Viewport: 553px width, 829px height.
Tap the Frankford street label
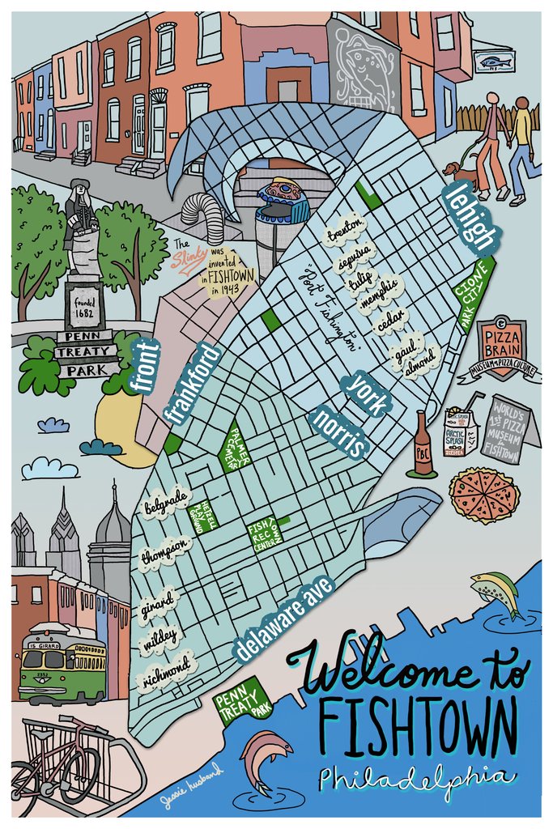click(x=191, y=382)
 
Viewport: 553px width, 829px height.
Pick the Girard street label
click(x=159, y=603)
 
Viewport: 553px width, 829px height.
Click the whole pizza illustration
click(x=484, y=495)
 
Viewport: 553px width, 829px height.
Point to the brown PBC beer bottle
click(x=422, y=445)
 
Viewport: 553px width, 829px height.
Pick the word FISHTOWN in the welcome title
click(x=416, y=722)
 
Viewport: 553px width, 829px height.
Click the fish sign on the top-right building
click(x=491, y=61)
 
